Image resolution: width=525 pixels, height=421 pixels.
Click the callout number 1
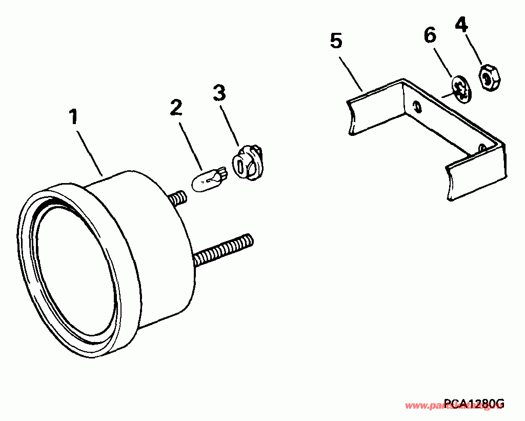pos(74,117)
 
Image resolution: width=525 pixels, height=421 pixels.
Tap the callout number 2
pos(176,108)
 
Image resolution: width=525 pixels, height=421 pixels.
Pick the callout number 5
pos(336,41)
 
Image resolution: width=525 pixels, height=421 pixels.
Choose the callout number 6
pos(430,36)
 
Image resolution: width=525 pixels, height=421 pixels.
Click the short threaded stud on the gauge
pos(177,198)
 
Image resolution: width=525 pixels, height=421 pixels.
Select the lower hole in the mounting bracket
pos(482,148)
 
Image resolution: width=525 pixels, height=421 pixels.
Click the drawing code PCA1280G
pos(474,404)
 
